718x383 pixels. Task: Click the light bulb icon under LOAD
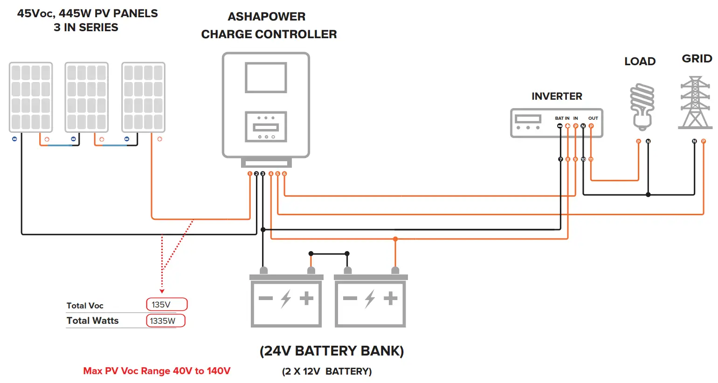coord(642,107)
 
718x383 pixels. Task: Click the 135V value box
coord(166,304)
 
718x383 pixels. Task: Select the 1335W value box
coord(166,321)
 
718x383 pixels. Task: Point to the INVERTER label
coord(557,96)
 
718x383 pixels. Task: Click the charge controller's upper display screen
coord(266,78)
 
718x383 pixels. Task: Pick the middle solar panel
coord(87,97)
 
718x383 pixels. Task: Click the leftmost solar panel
coord(31,97)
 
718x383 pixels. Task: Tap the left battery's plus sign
coord(306,298)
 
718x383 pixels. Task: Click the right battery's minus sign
coord(350,298)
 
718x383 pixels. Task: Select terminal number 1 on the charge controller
coord(250,174)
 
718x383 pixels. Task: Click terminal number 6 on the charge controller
coord(284,174)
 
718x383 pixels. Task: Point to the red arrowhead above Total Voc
coord(162,291)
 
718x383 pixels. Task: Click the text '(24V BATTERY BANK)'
coord(331,351)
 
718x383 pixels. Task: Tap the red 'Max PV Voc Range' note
coord(157,371)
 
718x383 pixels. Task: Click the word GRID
coord(697,59)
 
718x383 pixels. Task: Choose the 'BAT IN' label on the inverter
coord(562,118)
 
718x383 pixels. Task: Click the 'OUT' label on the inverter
coord(593,118)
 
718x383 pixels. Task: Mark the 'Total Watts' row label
coord(92,321)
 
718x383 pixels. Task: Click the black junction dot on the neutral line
coord(648,194)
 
